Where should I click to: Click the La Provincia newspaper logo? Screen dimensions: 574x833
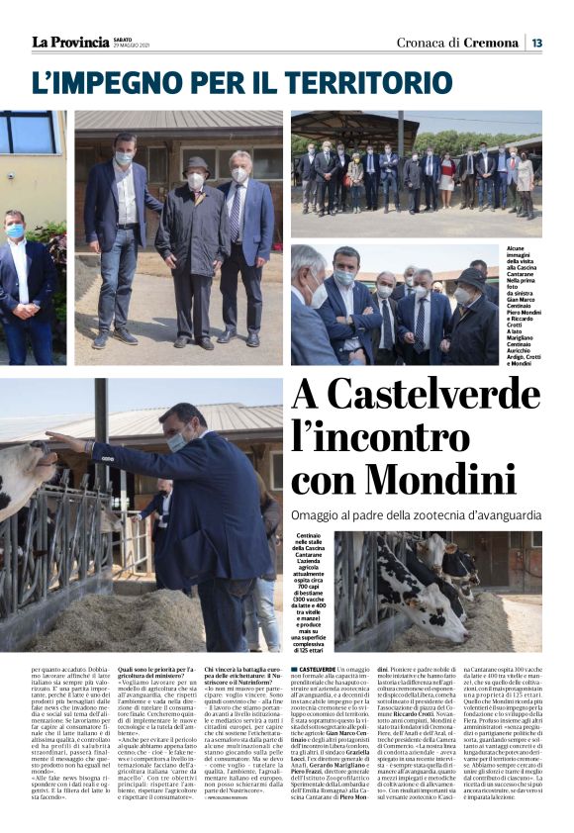point(70,42)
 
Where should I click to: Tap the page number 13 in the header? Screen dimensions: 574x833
point(536,43)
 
